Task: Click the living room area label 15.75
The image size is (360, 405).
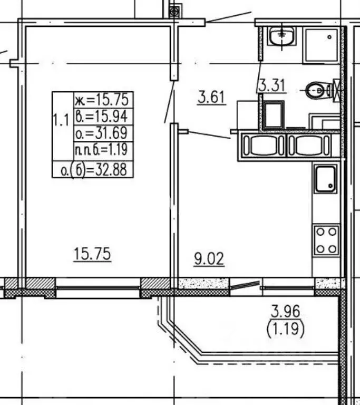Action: click(92, 254)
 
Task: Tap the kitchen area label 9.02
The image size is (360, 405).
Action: click(209, 259)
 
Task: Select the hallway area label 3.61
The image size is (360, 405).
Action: click(212, 97)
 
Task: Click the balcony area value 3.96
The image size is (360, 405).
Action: click(286, 311)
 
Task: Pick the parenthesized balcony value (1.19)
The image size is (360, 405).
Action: click(286, 329)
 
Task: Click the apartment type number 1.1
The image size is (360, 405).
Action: click(61, 120)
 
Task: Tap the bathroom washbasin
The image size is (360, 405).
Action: click(281, 36)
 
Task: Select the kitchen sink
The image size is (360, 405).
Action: click(326, 179)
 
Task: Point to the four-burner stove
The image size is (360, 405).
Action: click(326, 240)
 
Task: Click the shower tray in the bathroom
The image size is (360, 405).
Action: click(322, 45)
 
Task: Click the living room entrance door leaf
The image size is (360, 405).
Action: click(169, 101)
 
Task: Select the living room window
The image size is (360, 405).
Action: click(99, 287)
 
